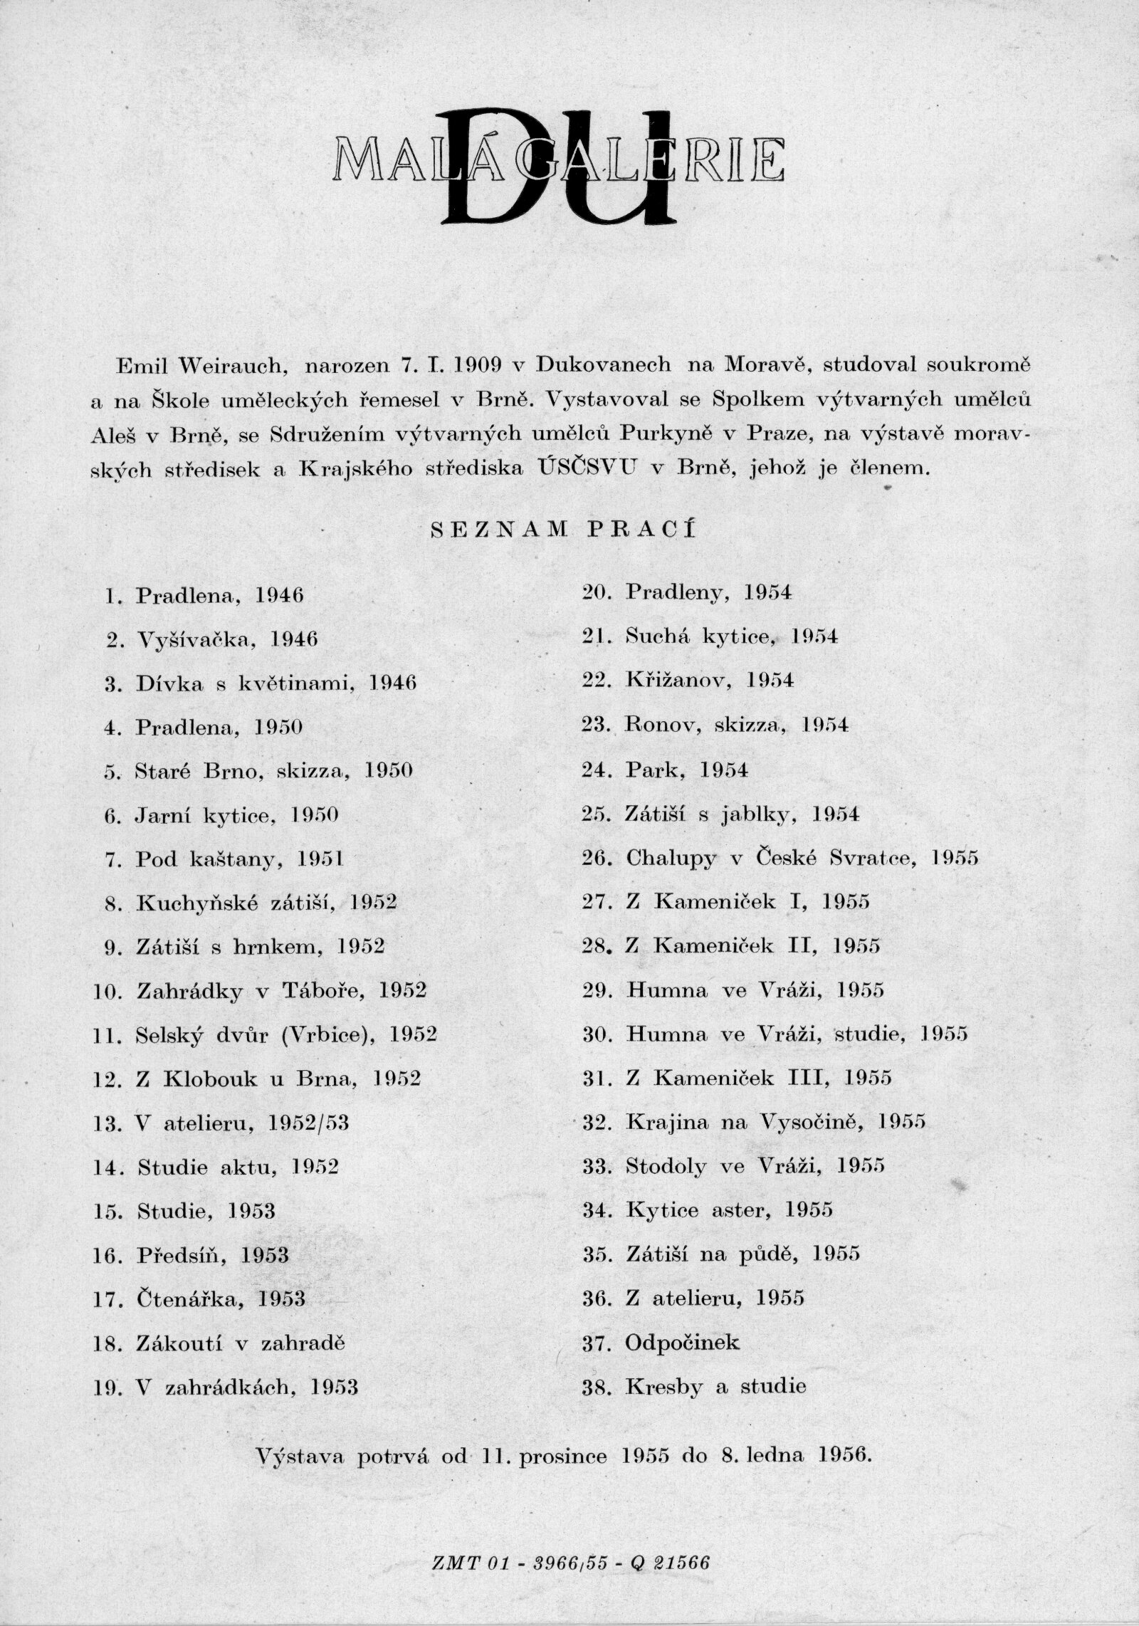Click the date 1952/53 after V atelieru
click(310, 1124)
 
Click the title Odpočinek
click(683, 1343)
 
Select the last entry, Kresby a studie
click(715, 1387)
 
